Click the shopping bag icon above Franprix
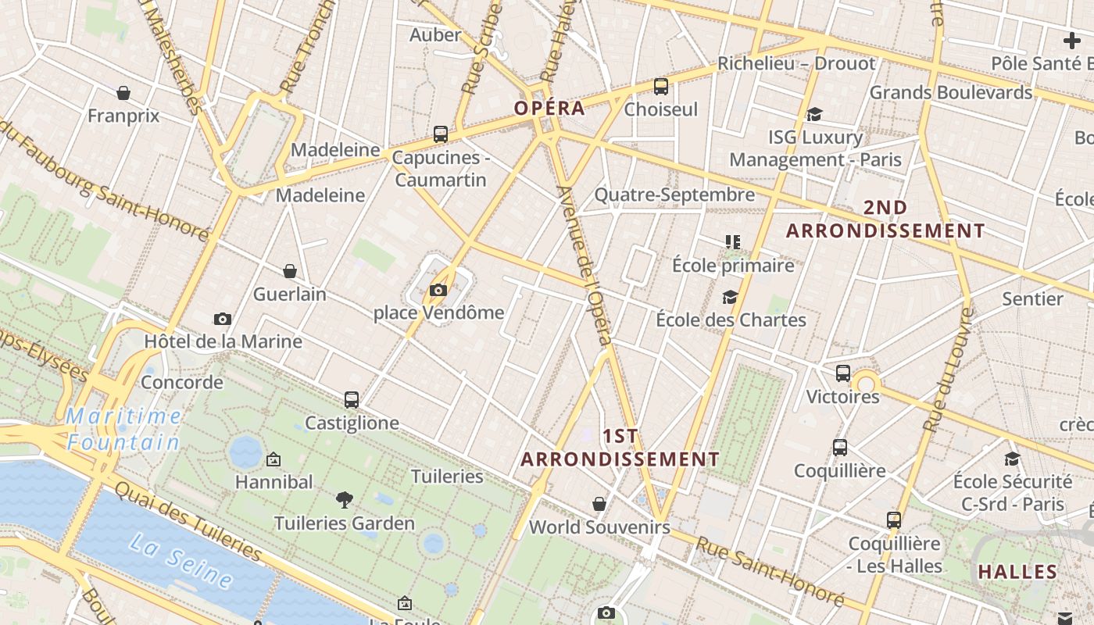tap(123, 93)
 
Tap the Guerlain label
tap(289, 295)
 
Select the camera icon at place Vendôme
tap(438, 291)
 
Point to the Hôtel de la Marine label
tap(223, 341)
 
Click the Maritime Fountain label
tap(123, 429)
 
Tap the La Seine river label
tap(181, 559)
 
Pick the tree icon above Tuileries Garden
tap(344, 500)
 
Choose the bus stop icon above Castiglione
tap(352, 400)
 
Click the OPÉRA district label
tap(549, 109)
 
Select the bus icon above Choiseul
tap(661, 86)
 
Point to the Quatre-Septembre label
tap(674, 195)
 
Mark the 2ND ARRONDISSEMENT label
tap(885, 220)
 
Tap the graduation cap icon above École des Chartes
tap(730, 297)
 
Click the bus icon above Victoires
tap(842, 373)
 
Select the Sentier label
tap(1032, 299)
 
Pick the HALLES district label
tap(1017, 572)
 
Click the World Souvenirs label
tap(599, 527)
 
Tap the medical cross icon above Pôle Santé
tap(1071, 41)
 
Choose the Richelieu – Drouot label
tap(796, 64)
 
